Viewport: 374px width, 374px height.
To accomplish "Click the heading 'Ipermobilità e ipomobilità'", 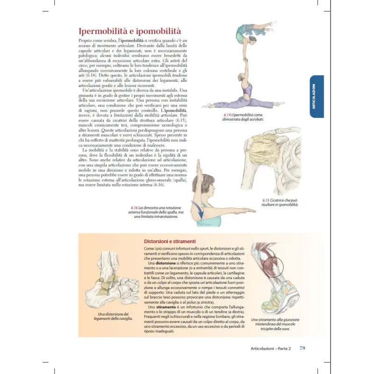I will coord(129,31).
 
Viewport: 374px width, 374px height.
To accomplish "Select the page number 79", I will coord(302,348).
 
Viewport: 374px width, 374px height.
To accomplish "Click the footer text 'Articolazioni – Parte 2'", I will coord(271,349).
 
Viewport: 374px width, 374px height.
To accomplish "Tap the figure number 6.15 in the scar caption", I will coord(267,201).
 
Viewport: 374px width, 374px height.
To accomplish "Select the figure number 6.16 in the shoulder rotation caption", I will coord(136,208).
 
